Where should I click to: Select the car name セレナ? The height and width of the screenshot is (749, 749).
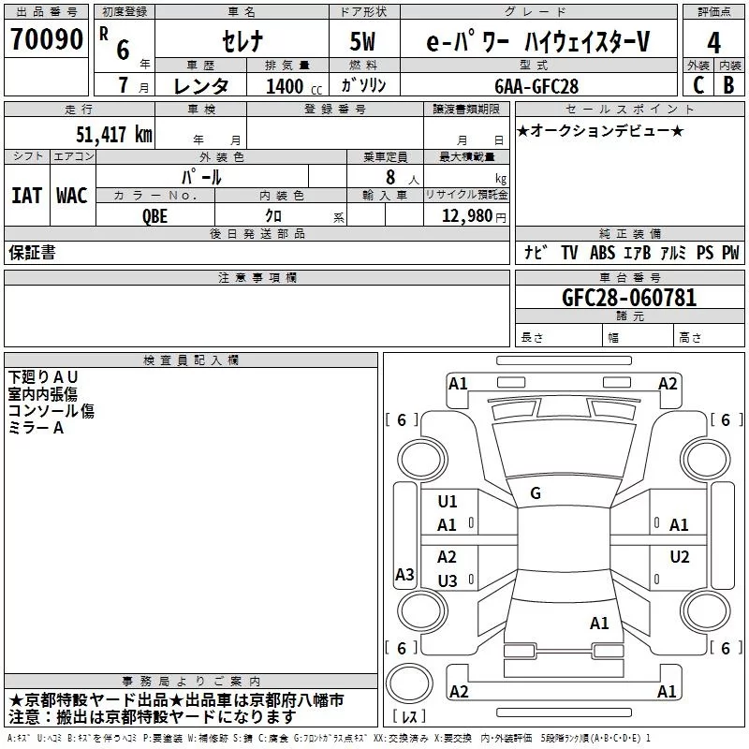pyautogui.click(x=243, y=42)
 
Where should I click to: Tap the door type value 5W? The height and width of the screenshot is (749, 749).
pyautogui.click(x=363, y=42)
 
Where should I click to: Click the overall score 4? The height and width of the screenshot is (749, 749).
pyautogui.click(x=713, y=43)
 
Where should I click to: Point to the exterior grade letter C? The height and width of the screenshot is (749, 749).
pyautogui.click(x=698, y=85)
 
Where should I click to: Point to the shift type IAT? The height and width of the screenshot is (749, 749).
pyautogui.click(x=26, y=195)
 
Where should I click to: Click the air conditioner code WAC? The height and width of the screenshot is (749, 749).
pyautogui.click(x=71, y=195)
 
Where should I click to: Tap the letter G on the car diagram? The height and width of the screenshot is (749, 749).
pyautogui.click(x=536, y=493)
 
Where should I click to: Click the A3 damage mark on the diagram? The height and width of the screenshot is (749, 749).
pyautogui.click(x=404, y=575)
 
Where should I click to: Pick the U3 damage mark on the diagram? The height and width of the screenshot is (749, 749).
pyautogui.click(x=448, y=581)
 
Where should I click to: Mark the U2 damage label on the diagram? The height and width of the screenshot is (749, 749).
pyautogui.click(x=679, y=557)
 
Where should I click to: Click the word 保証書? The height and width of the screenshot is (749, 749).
pyautogui.click(x=32, y=252)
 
